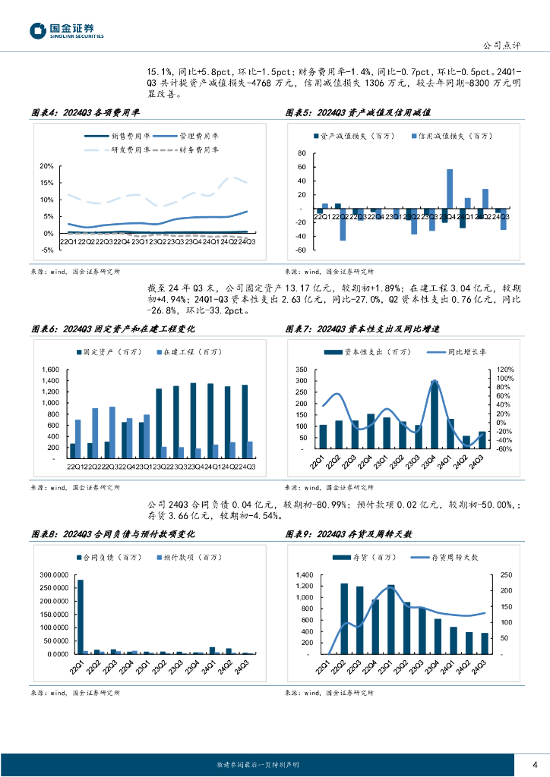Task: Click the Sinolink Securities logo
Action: point(66,30)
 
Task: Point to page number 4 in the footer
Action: point(536,763)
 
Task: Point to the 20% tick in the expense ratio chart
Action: point(46,166)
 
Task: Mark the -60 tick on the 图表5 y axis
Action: point(301,250)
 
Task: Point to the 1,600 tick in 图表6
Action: point(49,370)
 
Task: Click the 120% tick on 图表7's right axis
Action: point(505,370)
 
